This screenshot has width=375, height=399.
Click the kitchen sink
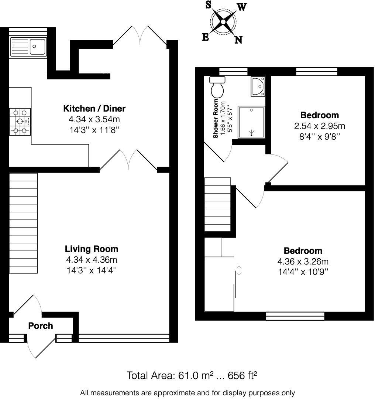28,47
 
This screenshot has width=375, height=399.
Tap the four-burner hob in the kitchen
20,121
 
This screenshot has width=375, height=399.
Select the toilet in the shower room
217,87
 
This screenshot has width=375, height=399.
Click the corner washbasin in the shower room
258,86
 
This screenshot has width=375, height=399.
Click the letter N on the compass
238,40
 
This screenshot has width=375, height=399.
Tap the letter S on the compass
208,5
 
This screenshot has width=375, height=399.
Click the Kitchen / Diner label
94,109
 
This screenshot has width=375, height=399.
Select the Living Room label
92,249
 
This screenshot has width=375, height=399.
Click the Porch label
41,326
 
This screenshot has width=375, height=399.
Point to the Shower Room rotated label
216,119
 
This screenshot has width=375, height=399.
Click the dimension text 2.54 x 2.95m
319,126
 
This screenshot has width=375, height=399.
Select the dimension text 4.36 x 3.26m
303,262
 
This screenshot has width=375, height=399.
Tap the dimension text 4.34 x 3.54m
94,119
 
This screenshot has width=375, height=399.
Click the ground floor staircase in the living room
23,224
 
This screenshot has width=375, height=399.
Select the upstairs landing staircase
217,204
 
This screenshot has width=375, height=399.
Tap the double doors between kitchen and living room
128,161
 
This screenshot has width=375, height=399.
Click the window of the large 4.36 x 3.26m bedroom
295,316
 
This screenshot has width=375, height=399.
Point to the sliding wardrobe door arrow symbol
239,270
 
